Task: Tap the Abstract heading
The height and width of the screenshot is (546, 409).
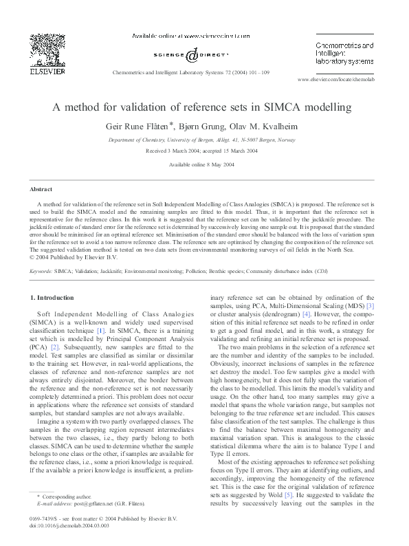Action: (x=41, y=189)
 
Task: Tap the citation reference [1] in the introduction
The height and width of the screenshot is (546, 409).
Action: (x=101, y=331)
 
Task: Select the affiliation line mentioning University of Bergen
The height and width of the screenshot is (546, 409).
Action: (x=203, y=140)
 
